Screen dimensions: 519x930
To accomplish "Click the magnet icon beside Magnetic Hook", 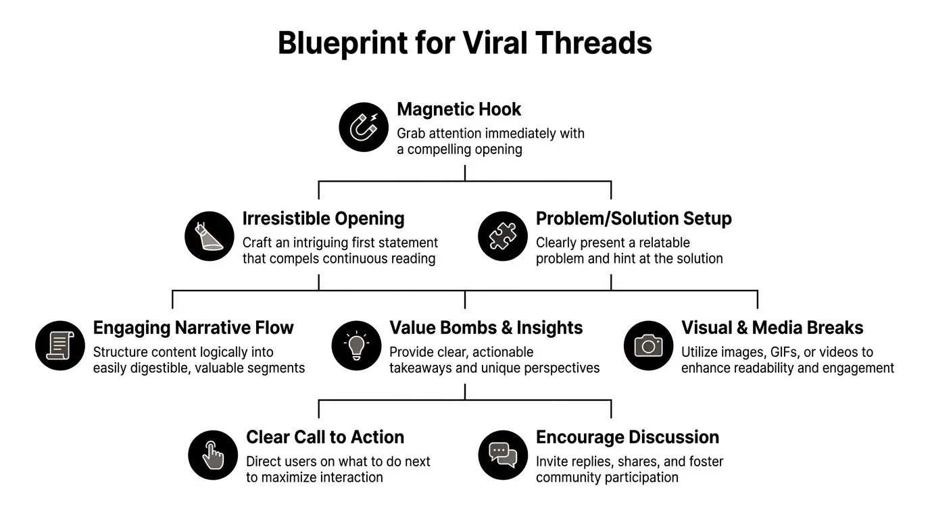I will (x=364, y=126).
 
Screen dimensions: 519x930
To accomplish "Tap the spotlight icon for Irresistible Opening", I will (x=209, y=236).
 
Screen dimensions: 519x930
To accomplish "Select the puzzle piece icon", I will (x=502, y=236).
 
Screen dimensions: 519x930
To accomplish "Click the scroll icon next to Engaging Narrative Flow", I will (x=59, y=345).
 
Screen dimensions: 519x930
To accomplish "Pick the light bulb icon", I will (x=356, y=345).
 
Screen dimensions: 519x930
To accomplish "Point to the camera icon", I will (x=648, y=345).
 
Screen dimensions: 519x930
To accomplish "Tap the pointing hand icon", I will (x=213, y=455).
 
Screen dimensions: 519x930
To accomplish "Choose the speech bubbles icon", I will (x=502, y=455).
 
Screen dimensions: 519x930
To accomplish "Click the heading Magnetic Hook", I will (x=459, y=109).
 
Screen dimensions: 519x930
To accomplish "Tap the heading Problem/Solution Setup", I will (x=633, y=219).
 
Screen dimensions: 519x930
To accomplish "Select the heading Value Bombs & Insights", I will (x=486, y=328).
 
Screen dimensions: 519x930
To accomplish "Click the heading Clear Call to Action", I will (x=325, y=438).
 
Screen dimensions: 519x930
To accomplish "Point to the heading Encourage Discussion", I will (x=627, y=438).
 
